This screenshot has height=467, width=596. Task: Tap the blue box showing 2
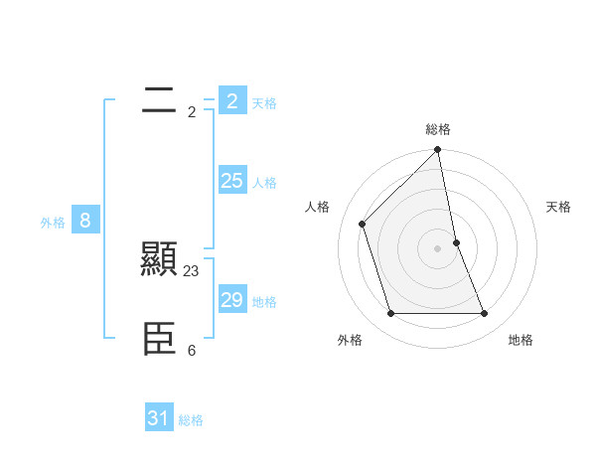click(231, 101)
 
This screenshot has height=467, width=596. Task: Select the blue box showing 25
click(231, 181)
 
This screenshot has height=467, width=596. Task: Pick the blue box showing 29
click(231, 300)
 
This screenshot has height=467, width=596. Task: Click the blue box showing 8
click(84, 221)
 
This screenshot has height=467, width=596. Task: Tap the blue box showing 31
click(159, 418)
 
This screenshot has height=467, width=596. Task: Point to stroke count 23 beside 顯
click(192, 271)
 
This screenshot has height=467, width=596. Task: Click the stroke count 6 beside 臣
click(192, 351)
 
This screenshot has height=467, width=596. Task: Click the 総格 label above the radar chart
click(438, 129)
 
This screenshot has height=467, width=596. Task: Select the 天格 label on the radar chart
click(559, 207)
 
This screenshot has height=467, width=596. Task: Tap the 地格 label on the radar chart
click(521, 340)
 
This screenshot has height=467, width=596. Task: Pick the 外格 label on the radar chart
click(350, 340)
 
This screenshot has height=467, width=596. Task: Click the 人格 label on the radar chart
click(318, 207)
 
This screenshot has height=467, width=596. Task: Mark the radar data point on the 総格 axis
click(438, 151)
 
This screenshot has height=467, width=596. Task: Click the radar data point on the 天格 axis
click(456, 242)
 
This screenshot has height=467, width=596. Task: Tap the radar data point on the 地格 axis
click(485, 314)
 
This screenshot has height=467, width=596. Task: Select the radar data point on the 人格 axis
click(363, 224)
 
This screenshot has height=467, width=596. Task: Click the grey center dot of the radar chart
click(438, 248)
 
